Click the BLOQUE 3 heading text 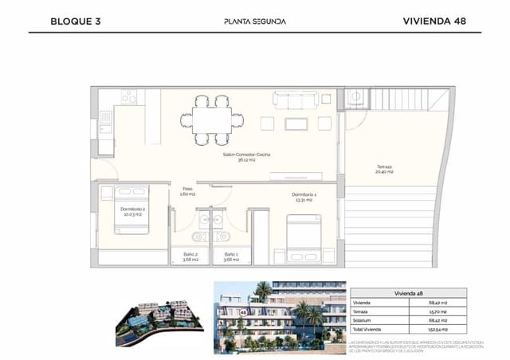pos(75,22)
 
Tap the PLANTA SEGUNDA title pos(255,22)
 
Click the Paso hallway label pos(188,191)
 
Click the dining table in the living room pos(211,119)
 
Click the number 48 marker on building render pos(241,313)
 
